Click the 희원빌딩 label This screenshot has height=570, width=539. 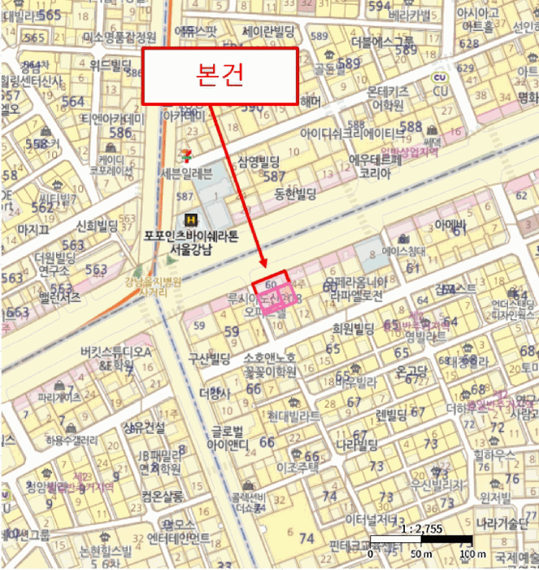[x=354, y=329]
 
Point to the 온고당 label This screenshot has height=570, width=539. [x=412, y=370]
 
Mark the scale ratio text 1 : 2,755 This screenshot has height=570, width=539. [x=421, y=529]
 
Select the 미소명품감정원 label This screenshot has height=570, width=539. [x=120, y=37]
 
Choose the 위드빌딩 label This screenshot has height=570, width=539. [x=111, y=64]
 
